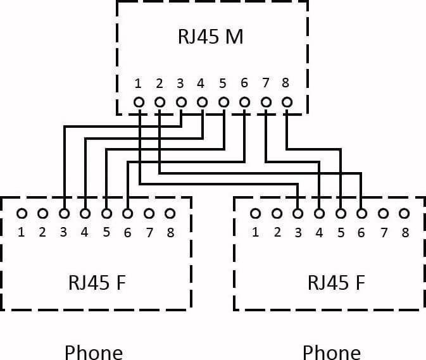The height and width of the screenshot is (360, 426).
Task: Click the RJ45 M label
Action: pyautogui.click(x=211, y=37)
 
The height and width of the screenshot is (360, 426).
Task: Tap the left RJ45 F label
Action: pyautogui.click(x=97, y=283)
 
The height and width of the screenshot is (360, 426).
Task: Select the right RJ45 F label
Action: pyautogui.click(x=336, y=283)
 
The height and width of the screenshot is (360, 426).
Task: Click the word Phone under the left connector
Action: pyautogui.click(x=94, y=352)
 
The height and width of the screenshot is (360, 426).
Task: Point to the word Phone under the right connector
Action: pyautogui.click(x=332, y=352)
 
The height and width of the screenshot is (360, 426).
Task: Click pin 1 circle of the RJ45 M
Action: pyautogui.click(x=139, y=102)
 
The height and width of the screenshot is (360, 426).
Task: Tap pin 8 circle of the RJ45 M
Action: pyautogui.click(x=287, y=102)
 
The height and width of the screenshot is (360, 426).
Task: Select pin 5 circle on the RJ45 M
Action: pyautogui.click(x=223, y=102)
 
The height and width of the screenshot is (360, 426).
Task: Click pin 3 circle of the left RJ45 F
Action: pyautogui.click(x=64, y=214)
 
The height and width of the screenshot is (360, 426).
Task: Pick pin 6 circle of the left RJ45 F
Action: pyautogui.click(x=127, y=214)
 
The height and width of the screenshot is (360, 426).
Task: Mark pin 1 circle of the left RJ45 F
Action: pyautogui.click(x=22, y=214)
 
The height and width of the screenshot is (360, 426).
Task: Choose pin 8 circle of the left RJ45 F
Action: pyautogui.click(x=170, y=214)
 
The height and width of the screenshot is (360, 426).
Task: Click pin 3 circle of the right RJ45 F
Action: pyautogui.click(x=298, y=214)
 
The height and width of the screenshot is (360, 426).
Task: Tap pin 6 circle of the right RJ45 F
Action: pyautogui.click(x=361, y=214)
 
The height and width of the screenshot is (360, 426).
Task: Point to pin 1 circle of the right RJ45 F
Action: pyautogui.click(x=255, y=214)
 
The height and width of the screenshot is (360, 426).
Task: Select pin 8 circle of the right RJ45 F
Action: pyautogui.click(x=404, y=214)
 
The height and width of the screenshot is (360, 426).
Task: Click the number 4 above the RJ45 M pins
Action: pyautogui.click(x=201, y=84)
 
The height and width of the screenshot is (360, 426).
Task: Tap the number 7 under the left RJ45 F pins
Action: pyautogui.click(x=149, y=233)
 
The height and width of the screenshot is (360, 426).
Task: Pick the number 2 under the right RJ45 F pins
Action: pyautogui.click(x=277, y=232)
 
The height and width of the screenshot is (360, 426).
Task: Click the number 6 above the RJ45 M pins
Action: pyautogui.click(x=244, y=83)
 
